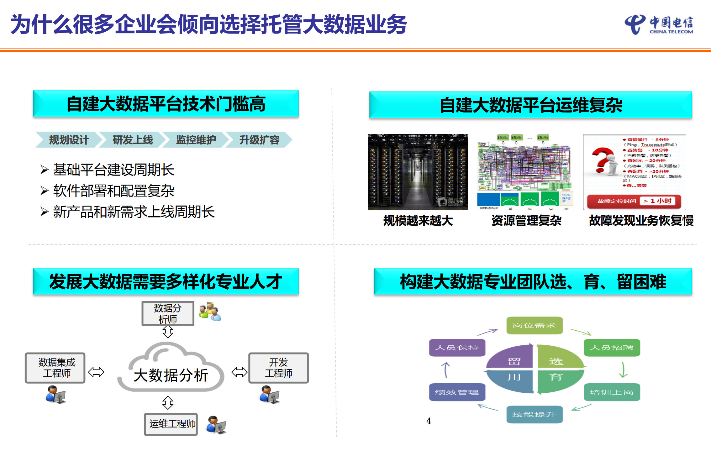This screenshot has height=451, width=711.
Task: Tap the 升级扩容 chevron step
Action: tap(259, 140)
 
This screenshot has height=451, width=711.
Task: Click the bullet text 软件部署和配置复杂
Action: tap(113, 191)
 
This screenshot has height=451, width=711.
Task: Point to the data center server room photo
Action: tap(418, 172)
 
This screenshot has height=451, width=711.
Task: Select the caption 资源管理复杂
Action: tap(526, 221)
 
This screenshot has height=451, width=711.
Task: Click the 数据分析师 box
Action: tap(168, 313)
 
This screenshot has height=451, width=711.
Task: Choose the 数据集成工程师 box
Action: tap(55, 368)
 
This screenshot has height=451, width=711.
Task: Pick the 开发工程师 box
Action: tap(278, 368)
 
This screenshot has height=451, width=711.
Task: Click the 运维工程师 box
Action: tap(171, 424)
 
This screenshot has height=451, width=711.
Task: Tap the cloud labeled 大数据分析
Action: tap(171, 370)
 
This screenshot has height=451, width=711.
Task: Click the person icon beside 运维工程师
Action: tap(216, 425)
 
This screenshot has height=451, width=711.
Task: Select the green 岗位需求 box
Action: tap(534, 326)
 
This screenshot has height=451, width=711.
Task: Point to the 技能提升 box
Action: tap(534, 415)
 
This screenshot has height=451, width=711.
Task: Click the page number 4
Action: tap(429, 421)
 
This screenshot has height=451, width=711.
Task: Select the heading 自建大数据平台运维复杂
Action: tap(530, 105)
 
